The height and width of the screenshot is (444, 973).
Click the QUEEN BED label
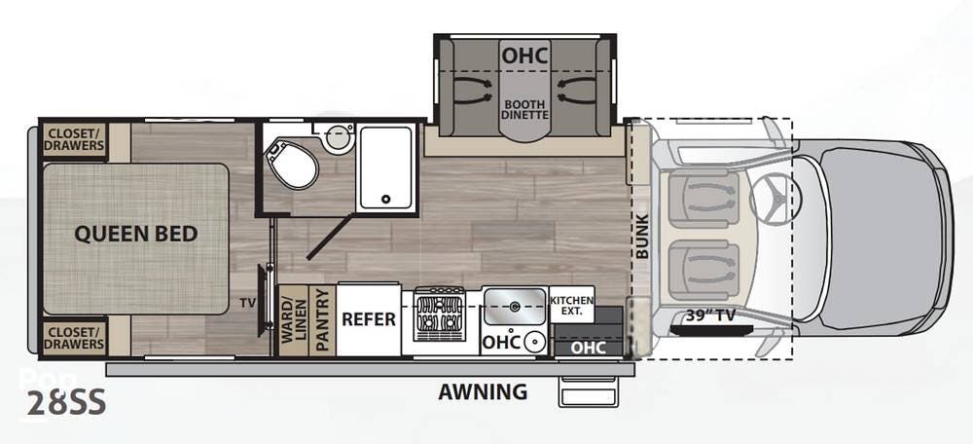point(136,234)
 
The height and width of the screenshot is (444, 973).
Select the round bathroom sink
point(339,136)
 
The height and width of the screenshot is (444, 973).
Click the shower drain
point(386,200)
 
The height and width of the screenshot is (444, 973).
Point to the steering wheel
point(775,198)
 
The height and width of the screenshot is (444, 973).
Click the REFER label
point(369,319)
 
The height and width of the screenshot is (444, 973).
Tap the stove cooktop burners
point(440,314)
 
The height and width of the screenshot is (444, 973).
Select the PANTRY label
point(322,320)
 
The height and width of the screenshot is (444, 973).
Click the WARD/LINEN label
point(294,320)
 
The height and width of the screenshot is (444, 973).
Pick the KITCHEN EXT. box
point(571,305)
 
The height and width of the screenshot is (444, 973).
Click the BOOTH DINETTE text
point(525,109)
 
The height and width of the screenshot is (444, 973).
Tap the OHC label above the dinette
point(525,55)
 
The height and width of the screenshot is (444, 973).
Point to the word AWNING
point(483,391)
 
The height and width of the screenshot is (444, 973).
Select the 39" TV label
point(710,316)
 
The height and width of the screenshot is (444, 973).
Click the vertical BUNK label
point(641,236)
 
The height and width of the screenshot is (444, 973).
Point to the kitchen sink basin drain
point(514,307)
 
